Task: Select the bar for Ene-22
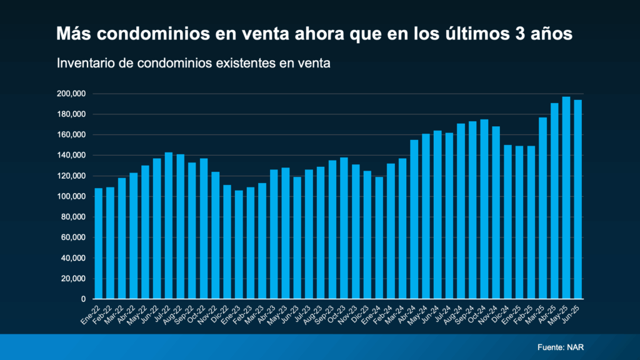98,244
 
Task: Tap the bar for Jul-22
168,226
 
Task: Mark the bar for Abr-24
414,219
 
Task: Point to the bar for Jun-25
578,199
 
